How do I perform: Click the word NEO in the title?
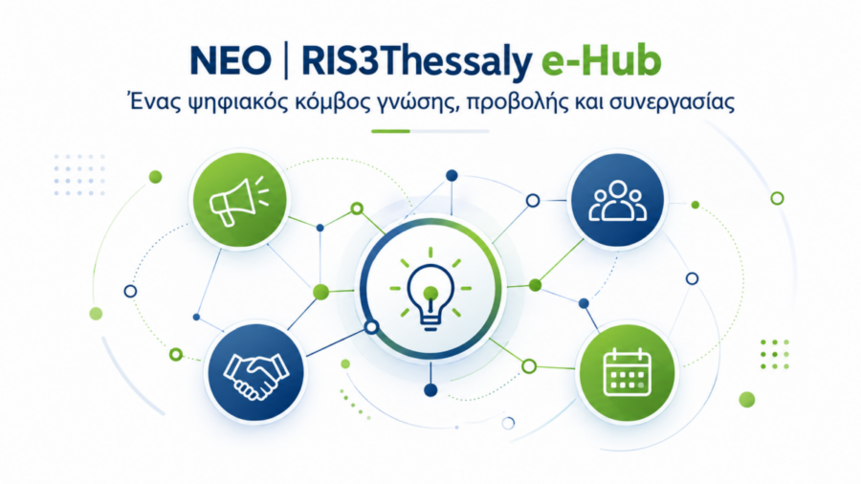pyautogui.click(x=231, y=60)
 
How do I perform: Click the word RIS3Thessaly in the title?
pyautogui.click(x=417, y=62)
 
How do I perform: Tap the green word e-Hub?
pyautogui.click(x=602, y=60)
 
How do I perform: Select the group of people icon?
pyautogui.click(x=618, y=201)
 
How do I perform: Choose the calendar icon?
pyautogui.click(x=627, y=371)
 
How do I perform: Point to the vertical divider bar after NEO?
pyautogui.click(x=286, y=62)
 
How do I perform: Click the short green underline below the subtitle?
pyautogui.click(x=390, y=131)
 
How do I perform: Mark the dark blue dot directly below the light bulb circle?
pyautogui.click(x=430, y=390)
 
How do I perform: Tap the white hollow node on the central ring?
pyautogui.click(x=372, y=327)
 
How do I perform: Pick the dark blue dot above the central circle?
pyautogui.click(x=452, y=176)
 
